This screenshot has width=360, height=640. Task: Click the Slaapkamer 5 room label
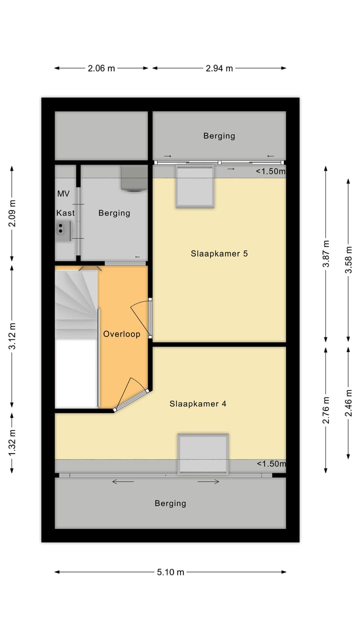[219, 253]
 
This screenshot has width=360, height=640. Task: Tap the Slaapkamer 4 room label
[197, 403]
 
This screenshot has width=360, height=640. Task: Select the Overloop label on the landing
[121, 334]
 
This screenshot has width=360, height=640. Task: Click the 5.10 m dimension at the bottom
[170, 572]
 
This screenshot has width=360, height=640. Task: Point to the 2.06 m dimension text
[101, 68]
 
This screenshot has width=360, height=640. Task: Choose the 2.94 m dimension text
[219, 68]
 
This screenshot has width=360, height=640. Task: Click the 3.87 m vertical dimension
[326, 254]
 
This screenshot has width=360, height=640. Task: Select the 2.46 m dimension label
[348, 403]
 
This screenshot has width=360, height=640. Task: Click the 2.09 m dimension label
[12, 213]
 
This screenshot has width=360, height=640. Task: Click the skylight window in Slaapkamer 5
[195, 186]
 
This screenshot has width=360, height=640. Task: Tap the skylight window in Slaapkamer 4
[203, 453]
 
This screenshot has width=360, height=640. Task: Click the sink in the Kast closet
[61, 230]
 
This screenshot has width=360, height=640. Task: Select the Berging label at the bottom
[170, 503]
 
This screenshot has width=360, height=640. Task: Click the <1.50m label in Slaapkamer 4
[270, 464]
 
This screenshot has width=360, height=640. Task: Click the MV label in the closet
[63, 193]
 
